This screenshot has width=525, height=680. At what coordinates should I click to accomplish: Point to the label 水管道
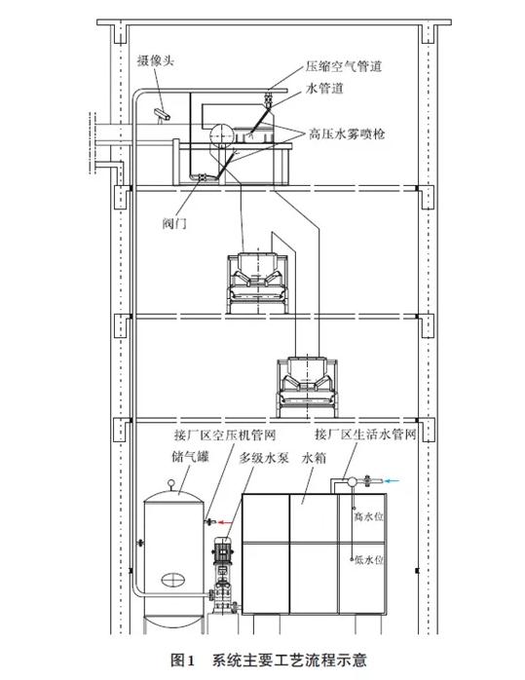(x=326, y=90)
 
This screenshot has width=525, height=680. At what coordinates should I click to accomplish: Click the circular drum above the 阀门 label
(x=216, y=133)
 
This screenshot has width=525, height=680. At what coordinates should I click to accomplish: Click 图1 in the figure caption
(x=184, y=661)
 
